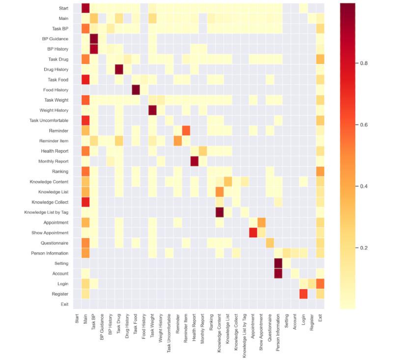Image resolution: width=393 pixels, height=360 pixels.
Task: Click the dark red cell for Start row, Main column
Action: tap(85, 8)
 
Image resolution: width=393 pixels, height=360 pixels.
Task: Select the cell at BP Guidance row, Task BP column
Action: tap(94, 38)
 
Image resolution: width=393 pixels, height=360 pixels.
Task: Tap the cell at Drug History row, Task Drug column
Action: tap(119, 69)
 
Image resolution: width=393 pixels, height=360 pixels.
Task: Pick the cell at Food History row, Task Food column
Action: tap(136, 89)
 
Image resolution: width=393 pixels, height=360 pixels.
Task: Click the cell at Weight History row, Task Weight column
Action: tap(152, 110)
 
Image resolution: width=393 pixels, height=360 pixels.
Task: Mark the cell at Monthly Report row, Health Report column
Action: tap(194, 161)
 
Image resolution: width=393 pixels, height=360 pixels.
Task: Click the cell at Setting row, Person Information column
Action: tap(279, 263)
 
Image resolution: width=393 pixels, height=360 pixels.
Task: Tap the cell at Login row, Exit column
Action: tap(320, 283)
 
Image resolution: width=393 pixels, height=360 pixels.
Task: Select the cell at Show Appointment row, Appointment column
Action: tap(253, 232)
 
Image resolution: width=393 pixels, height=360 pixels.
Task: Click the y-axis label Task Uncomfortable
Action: tap(51, 120)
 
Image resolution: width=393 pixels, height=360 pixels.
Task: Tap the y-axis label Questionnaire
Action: tap(56, 243)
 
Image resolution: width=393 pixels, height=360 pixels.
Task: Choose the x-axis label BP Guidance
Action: tap(102, 330)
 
